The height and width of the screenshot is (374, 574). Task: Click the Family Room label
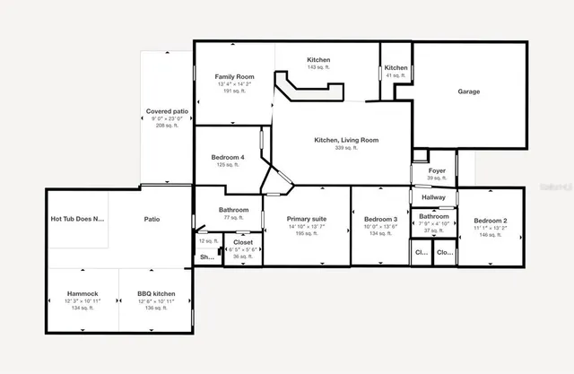(234, 77)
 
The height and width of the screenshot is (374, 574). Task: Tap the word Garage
(468, 91)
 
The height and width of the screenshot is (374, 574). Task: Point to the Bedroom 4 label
(228, 158)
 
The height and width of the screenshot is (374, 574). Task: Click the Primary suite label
(307, 219)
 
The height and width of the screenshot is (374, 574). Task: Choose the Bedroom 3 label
(380, 220)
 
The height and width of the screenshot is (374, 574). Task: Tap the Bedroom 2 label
(491, 220)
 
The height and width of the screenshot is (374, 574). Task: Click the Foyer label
(437, 170)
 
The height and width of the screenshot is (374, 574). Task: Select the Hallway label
(434, 198)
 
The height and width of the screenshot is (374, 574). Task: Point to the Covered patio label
(168, 111)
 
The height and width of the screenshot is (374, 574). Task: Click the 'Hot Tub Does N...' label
(78, 218)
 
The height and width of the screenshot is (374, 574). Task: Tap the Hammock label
(83, 294)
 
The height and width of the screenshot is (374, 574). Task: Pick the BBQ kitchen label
(156, 294)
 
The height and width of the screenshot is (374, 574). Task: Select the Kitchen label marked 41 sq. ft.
(396, 68)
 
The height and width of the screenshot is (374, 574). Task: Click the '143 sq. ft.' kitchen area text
(319, 68)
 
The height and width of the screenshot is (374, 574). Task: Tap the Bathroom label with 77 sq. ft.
(228, 210)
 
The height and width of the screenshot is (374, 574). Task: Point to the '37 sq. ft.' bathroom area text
(434, 230)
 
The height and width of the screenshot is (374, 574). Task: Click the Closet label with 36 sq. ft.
(243, 242)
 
